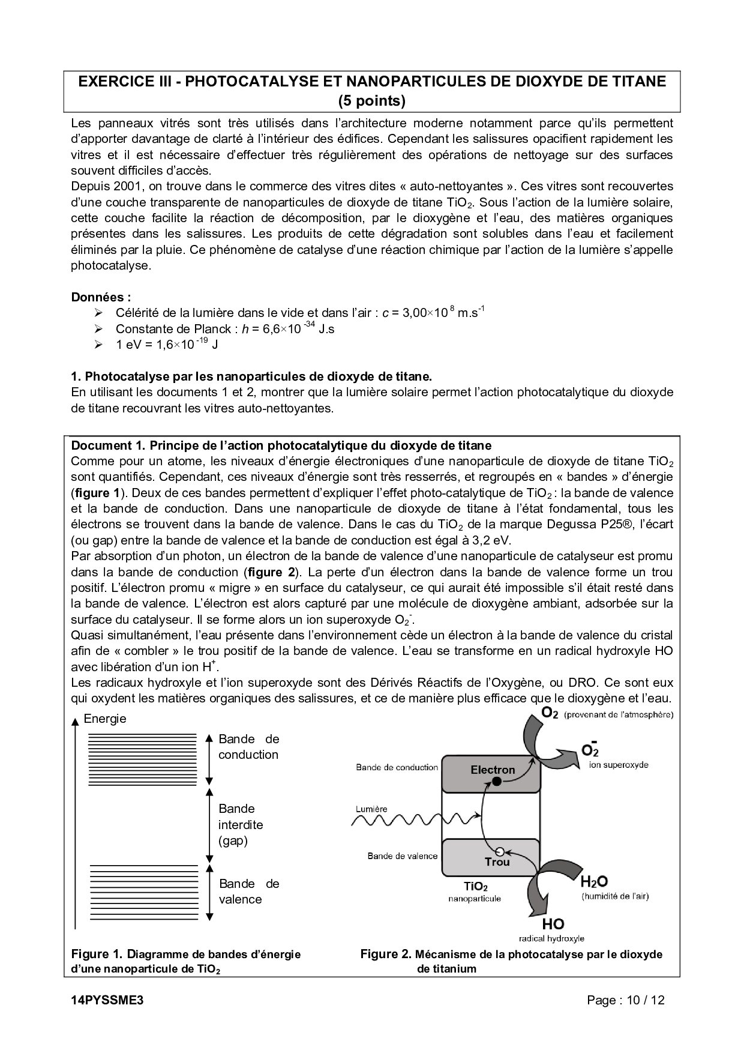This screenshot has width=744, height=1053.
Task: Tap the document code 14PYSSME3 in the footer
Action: coord(107,1000)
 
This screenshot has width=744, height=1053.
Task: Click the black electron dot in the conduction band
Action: coord(496,781)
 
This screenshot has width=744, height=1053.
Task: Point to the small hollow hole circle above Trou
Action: coord(499,851)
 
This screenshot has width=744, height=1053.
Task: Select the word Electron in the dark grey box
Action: coord(493,769)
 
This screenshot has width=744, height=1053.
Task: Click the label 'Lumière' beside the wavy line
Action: coord(371,809)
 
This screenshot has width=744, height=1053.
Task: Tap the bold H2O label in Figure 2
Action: coord(594,882)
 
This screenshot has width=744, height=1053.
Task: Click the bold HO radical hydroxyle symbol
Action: coord(553,923)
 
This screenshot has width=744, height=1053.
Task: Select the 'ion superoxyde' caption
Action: coord(619,765)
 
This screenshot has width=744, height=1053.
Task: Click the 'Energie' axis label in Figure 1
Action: coord(105,719)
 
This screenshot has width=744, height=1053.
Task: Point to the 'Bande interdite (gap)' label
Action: coord(241,824)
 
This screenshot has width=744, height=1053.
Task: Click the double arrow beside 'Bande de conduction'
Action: coord(209,759)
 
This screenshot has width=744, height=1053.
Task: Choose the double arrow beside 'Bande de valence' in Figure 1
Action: coord(209,893)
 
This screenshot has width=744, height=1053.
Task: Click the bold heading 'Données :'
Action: coord(101,297)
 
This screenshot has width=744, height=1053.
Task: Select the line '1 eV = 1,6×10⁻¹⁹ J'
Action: coord(166,345)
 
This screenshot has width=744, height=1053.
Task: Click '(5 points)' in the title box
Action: coord(372,100)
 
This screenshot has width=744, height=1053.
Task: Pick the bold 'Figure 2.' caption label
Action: coord(386,954)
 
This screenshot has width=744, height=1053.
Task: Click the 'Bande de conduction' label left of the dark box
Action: coord(397,767)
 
